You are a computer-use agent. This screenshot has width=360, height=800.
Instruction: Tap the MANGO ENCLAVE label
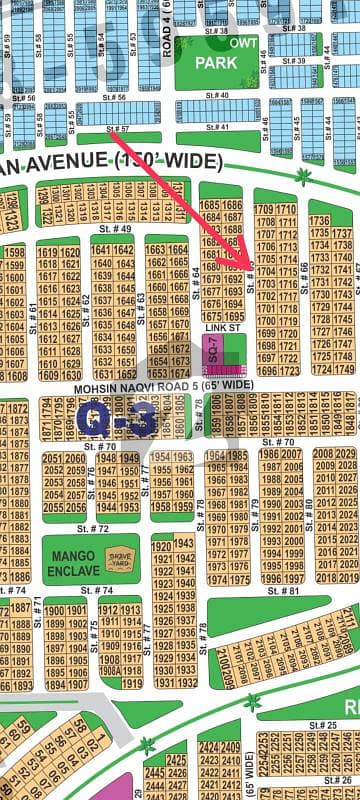pos(67,561)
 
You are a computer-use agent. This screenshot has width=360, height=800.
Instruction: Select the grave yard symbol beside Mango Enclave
pos(119,558)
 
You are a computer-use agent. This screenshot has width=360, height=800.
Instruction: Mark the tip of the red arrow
pos(251,267)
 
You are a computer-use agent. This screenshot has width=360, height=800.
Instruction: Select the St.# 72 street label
pos(92,527)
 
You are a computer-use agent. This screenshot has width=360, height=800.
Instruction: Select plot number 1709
pos(264,209)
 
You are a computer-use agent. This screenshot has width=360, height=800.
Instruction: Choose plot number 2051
pos(52,458)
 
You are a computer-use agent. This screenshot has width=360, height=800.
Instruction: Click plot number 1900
pos(52,610)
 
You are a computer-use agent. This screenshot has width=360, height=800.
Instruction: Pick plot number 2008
pos(323,454)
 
